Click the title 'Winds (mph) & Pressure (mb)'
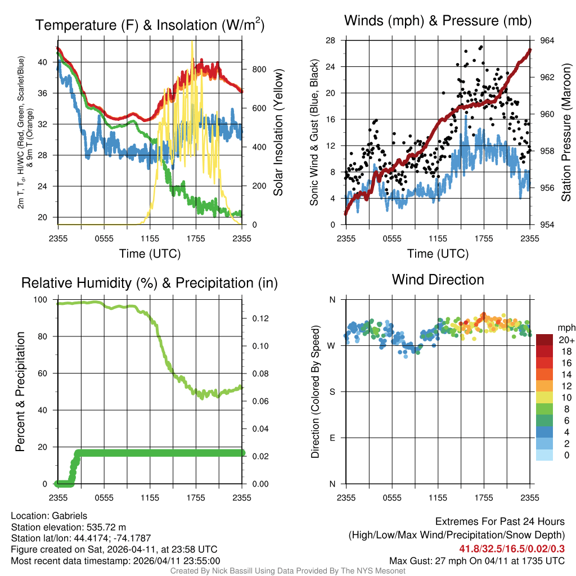pyautogui.click(x=438, y=21)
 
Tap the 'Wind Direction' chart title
pyautogui.click(x=438, y=280)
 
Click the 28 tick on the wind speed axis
pyautogui.click(x=331, y=40)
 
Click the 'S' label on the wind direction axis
pyautogui.click(x=332, y=391)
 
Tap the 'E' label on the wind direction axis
pyautogui.click(x=332, y=438)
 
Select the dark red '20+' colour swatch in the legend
pyautogui.click(x=544, y=340)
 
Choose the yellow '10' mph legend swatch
pyautogui.click(x=544, y=397)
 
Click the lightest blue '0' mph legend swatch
pyautogui.click(x=544, y=454)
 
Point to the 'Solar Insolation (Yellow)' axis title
pyautogui.click(x=278, y=133)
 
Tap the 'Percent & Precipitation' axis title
pyautogui.click(x=20, y=391)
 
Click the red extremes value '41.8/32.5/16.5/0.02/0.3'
pyautogui.click(x=512, y=548)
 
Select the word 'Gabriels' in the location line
pyautogui.click(x=70, y=515)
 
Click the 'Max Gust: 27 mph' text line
pyautogui.click(x=477, y=561)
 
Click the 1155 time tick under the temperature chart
pyautogui.click(x=150, y=238)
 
